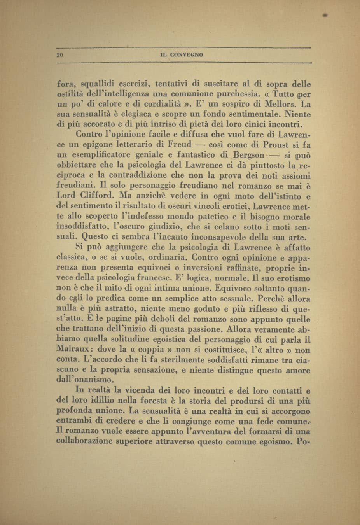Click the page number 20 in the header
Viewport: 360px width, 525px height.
[59, 55]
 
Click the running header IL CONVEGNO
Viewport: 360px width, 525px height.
[181, 55]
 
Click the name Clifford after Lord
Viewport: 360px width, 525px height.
[97, 195]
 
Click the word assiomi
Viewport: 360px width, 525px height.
[296, 175]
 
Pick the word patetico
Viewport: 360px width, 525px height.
[207, 216]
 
